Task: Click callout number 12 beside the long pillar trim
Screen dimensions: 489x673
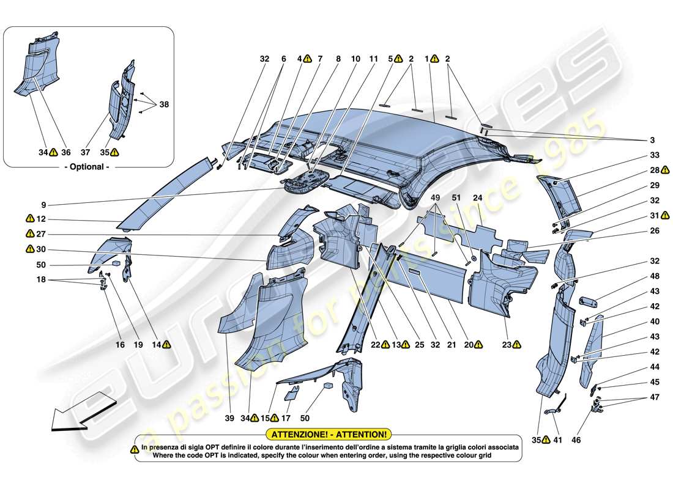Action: click(x=41, y=219)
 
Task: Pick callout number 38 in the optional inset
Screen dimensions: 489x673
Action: click(x=163, y=105)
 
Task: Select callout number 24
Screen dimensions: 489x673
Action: click(x=477, y=198)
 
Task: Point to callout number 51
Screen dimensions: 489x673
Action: click(x=456, y=198)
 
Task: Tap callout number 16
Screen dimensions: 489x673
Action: click(x=120, y=345)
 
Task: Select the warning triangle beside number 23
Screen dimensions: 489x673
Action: click(x=517, y=345)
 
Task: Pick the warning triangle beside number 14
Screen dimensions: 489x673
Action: click(x=166, y=345)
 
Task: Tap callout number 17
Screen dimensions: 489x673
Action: click(x=285, y=419)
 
